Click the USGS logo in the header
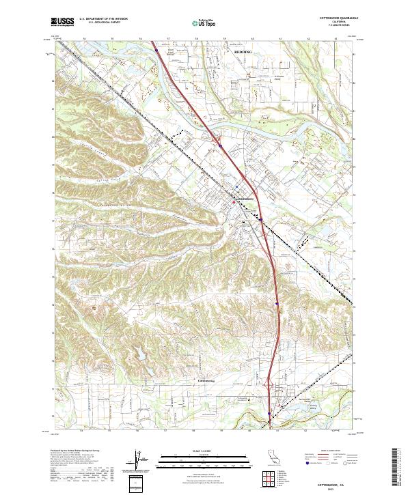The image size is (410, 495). (63, 22)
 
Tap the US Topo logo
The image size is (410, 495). (205, 22)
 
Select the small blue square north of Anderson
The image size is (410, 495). (237, 186)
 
